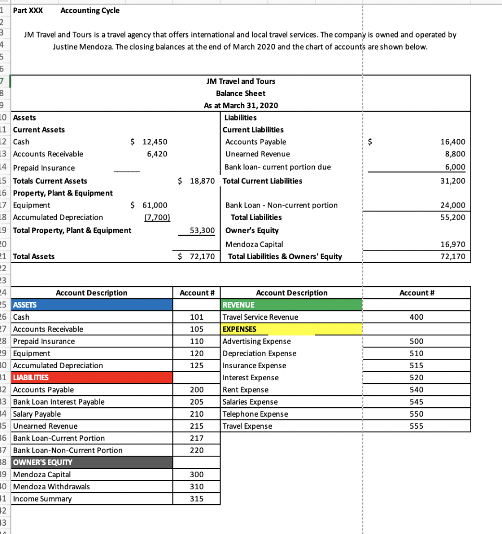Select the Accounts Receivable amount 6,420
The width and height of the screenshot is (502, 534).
(156, 154)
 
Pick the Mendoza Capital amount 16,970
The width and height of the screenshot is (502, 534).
(452, 244)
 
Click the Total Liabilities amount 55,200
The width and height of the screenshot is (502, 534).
(452, 217)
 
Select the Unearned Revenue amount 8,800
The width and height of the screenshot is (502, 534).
(455, 154)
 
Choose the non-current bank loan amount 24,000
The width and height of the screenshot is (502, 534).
(452, 205)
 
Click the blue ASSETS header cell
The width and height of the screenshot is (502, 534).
(91, 305)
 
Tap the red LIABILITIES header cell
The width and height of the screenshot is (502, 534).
(91, 378)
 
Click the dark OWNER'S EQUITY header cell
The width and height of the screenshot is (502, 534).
(91, 463)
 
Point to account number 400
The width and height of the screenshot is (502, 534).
(417, 317)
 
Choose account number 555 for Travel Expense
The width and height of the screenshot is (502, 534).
(417, 426)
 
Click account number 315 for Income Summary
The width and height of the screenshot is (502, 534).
(197, 499)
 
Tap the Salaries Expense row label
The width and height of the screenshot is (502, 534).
(250, 402)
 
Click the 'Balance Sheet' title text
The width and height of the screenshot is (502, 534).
(240, 93)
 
